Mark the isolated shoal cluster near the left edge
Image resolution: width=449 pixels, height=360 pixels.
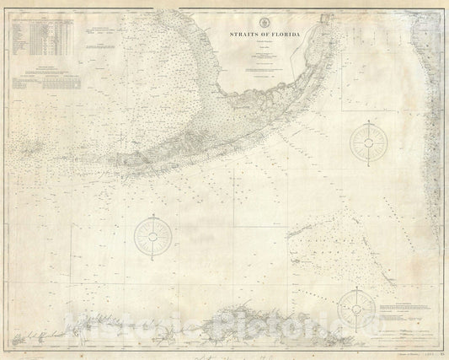click(34, 151)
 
